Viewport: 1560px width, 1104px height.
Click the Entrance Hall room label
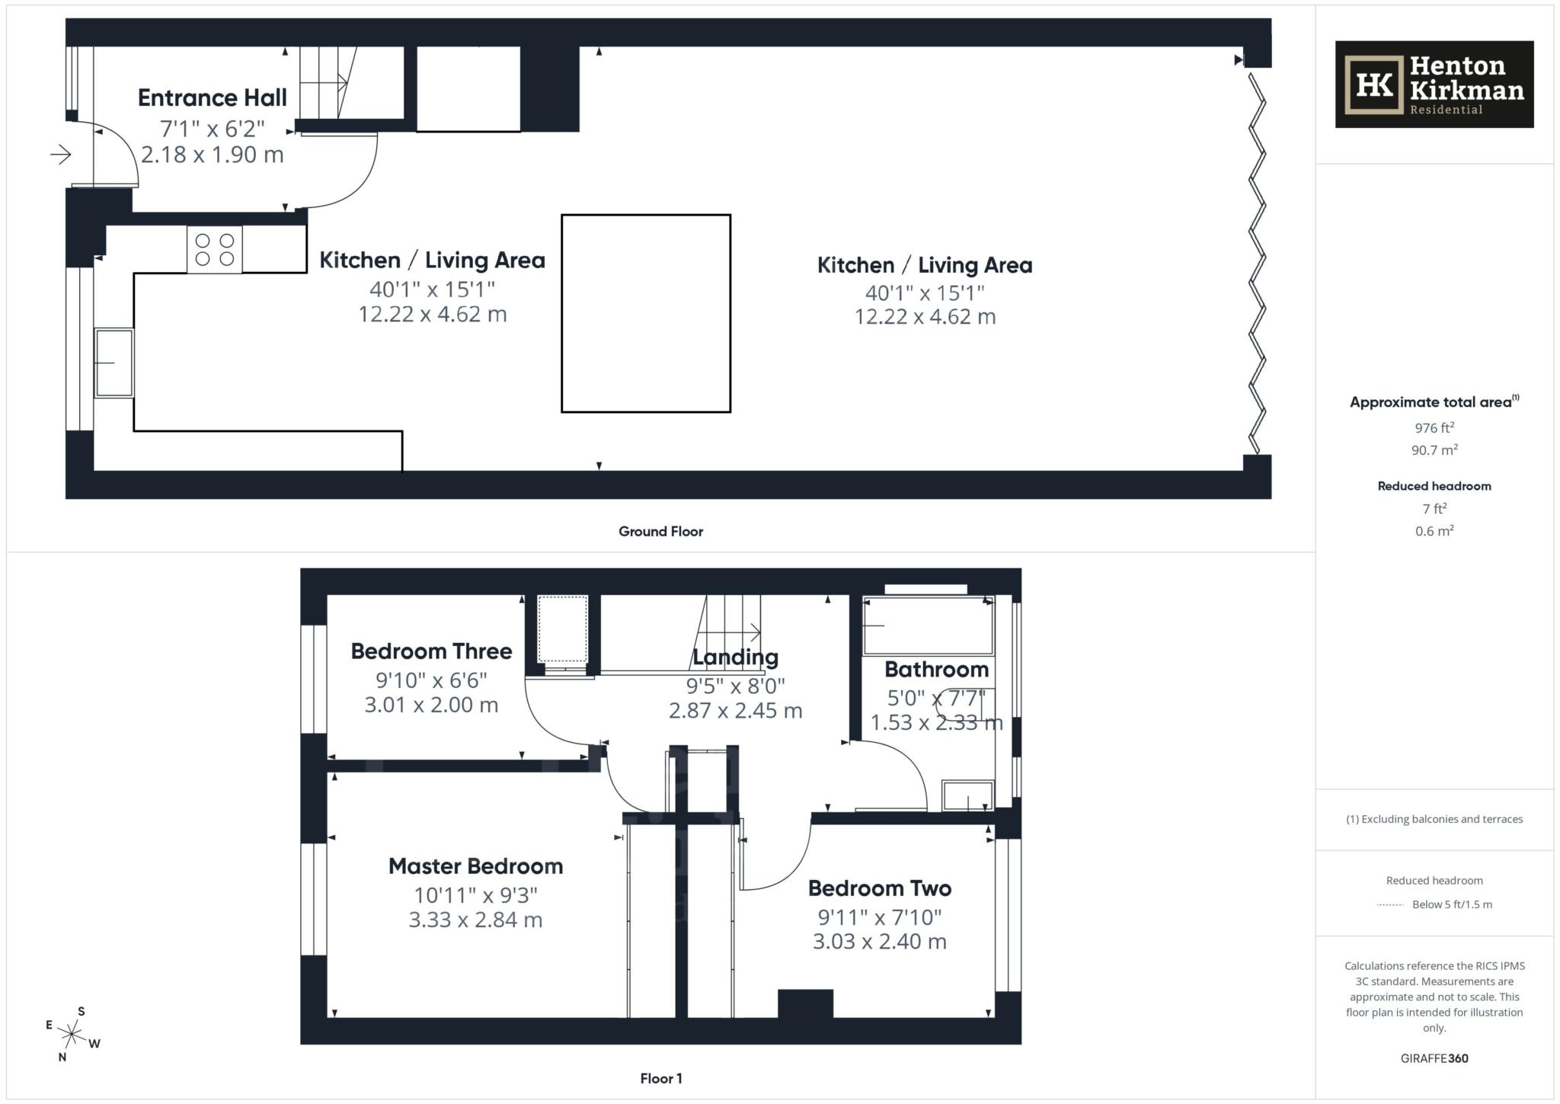212,98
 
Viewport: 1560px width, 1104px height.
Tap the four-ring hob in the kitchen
215,250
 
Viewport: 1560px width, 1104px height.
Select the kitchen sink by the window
114,363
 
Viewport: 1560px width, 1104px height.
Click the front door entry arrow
61,155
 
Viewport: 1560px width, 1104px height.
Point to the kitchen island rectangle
646,314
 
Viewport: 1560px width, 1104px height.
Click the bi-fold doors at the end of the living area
1257,263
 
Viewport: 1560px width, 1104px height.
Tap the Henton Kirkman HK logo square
1374,85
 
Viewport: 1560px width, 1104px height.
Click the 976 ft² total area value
1434,428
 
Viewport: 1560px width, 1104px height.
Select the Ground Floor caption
660,532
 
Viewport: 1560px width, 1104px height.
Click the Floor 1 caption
660,1079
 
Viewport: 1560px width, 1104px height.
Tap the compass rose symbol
72,1035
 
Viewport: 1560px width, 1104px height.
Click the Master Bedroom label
475,866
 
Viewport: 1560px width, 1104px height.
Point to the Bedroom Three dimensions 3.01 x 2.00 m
431,706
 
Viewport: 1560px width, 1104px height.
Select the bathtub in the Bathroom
928,626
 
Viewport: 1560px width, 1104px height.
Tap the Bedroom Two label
879,888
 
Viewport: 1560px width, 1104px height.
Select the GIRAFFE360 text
1434,1058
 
